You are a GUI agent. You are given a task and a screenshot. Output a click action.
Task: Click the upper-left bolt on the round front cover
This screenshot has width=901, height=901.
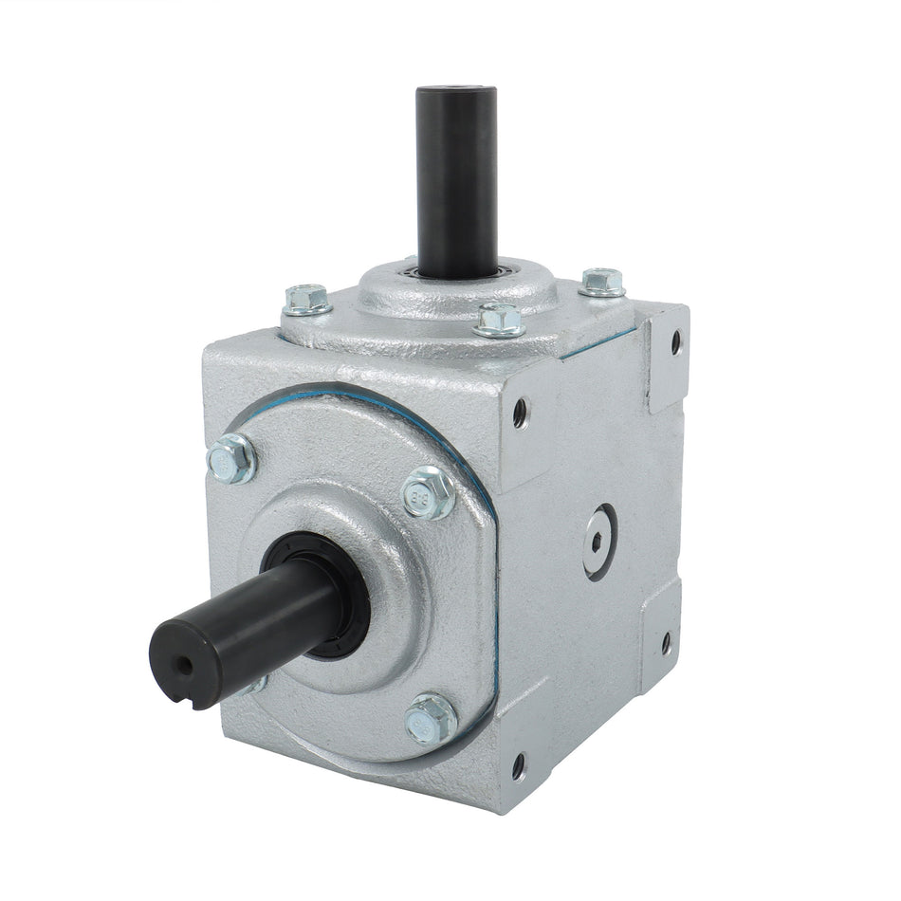coord(231,460)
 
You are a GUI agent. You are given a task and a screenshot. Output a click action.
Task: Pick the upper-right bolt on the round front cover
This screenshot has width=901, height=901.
coord(429,493)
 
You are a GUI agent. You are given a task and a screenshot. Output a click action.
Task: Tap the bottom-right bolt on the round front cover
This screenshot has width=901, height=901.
coord(431,720)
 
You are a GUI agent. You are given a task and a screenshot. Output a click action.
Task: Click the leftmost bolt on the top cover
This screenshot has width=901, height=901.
coord(307,300)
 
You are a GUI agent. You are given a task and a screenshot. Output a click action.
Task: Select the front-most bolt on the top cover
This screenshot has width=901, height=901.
coord(500,320)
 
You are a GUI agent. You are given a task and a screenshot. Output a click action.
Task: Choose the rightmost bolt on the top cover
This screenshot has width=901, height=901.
coord(602,282)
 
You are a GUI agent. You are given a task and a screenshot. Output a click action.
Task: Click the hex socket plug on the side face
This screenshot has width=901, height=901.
coord(599,542)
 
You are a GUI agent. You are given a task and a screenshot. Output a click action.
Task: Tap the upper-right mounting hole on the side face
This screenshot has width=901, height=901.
coord(675,341)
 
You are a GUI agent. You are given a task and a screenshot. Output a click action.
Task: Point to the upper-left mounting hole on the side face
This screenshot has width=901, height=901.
coord(520,412)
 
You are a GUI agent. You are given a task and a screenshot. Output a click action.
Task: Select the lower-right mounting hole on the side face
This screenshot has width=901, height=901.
coord(665,642)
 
